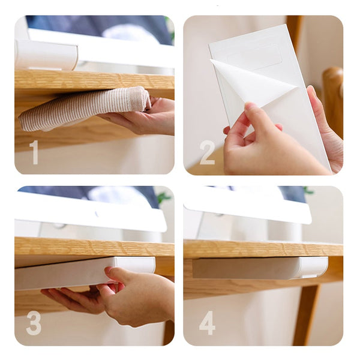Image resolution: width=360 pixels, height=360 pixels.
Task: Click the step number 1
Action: [34, 152]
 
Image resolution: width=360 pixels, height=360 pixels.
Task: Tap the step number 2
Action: [207, 152]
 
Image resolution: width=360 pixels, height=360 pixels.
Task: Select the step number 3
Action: [34, 323]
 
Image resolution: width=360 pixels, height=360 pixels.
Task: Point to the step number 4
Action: [207, 323]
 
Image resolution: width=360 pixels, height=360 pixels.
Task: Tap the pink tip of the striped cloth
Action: [140, 98]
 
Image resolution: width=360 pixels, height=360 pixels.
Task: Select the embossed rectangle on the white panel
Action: [255, 58]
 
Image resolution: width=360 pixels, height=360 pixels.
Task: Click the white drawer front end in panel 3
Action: [135, 266]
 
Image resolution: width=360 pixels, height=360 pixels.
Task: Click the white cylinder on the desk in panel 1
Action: [46, 55]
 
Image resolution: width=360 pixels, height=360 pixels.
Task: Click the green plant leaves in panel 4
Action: [308, 190]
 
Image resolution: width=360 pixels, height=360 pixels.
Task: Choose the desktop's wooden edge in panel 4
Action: [263, 250]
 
